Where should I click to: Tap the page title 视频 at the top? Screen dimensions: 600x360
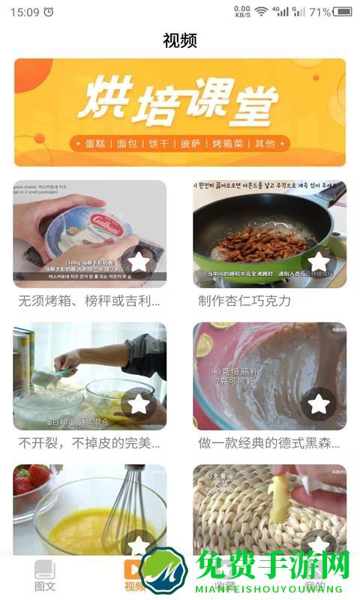point(180,40)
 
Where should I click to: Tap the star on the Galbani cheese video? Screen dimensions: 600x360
point(139,262)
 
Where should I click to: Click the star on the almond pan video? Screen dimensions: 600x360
point(319,262)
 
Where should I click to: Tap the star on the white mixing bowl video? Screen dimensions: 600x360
point(139,403)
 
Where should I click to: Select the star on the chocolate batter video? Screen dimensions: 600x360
point(319,403)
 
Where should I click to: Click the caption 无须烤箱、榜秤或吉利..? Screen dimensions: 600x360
point(89,301)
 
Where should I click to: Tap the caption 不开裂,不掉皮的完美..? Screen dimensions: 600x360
point(89,442)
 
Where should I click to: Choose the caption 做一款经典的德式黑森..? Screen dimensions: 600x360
point(269,442)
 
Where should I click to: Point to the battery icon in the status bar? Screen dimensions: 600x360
point(343,12)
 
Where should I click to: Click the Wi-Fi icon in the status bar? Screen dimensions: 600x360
point(261,12)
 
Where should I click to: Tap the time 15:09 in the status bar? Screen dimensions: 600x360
point(25,12)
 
